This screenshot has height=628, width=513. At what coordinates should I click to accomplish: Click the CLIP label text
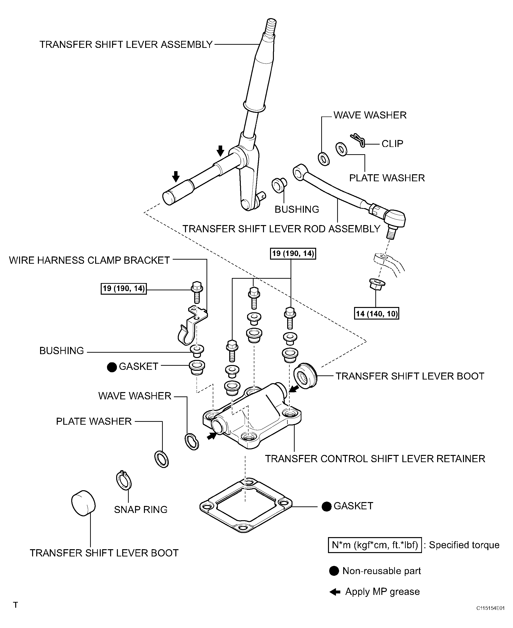point(392,144)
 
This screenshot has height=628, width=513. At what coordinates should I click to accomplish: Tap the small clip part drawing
point(358,140)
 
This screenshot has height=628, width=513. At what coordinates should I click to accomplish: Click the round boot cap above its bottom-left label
point(83,503)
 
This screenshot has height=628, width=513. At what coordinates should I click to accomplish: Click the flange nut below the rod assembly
point(377,284)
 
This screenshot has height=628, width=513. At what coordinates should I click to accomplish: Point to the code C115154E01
point(490,608)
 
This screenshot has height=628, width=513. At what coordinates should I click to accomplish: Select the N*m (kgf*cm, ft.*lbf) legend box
point(375,545)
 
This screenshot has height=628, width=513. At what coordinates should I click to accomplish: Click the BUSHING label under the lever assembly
point(297,209)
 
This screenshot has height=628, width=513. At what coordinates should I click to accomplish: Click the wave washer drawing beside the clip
point(324,159)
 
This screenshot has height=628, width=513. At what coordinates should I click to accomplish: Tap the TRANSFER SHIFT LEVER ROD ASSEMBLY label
point(281,229)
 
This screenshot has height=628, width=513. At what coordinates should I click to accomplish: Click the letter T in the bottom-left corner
point(16,605)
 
